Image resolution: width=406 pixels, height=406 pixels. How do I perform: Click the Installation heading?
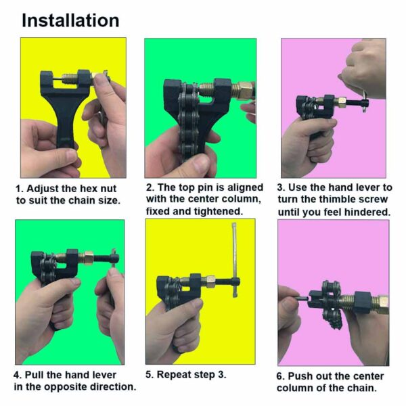[70, 20]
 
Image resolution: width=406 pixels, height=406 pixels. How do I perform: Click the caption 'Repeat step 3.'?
[186, 374]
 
